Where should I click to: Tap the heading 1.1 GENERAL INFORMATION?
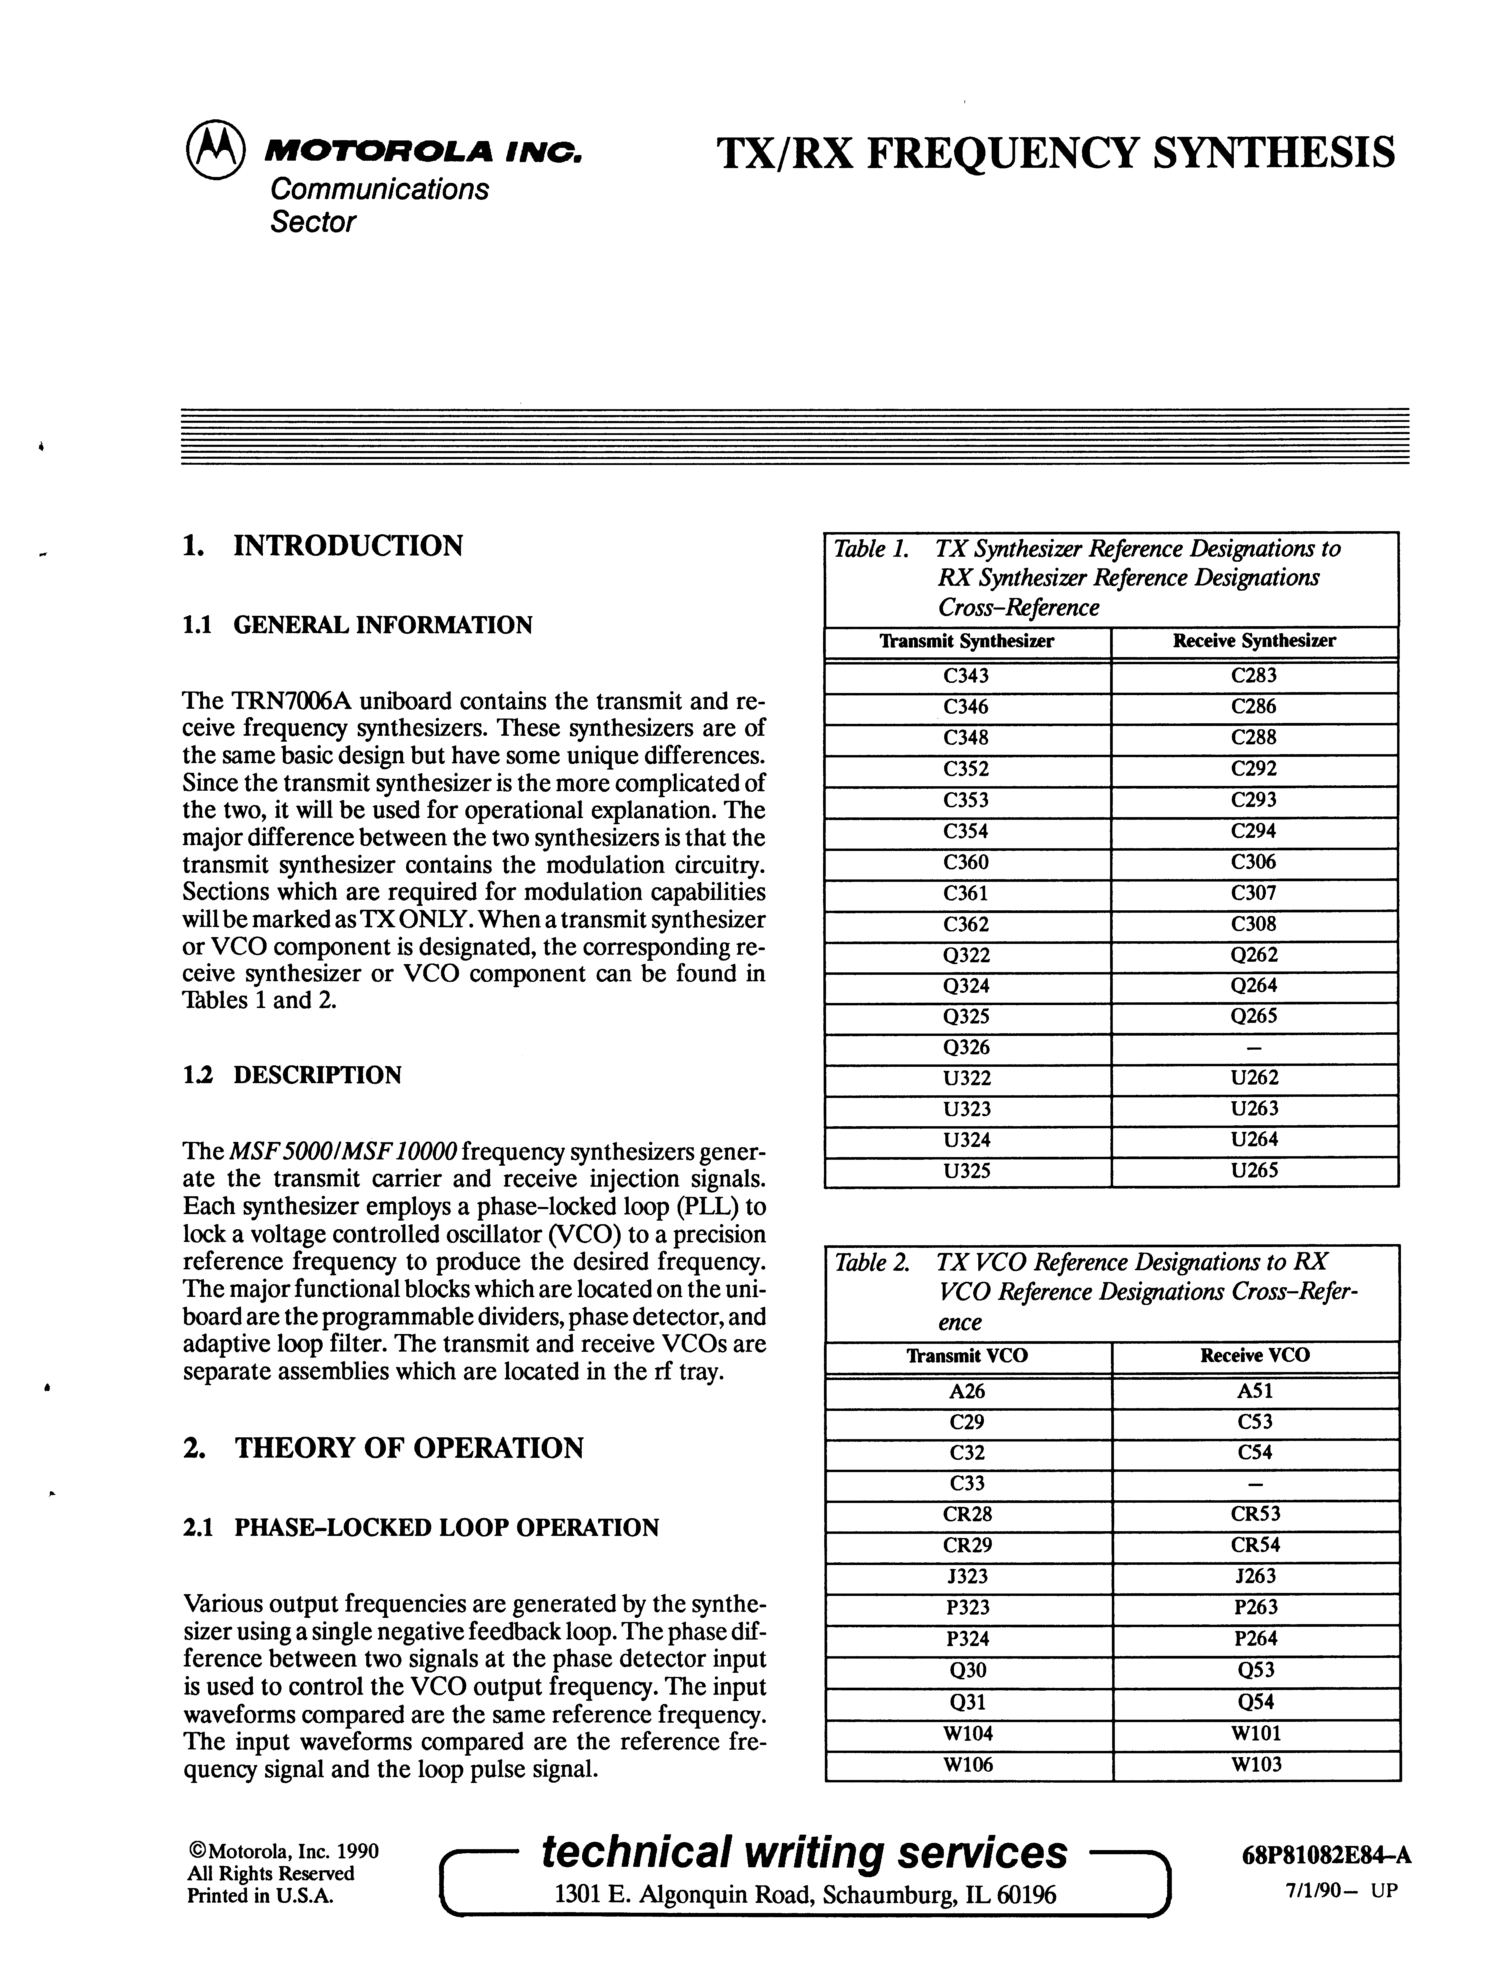point(356,625)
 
